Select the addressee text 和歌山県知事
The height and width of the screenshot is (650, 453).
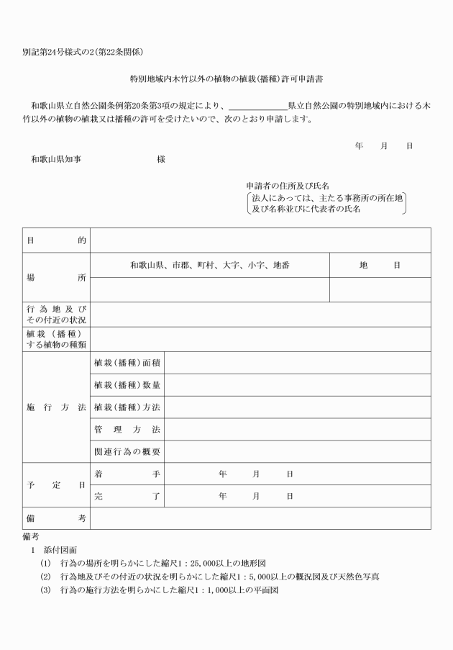point(55,159)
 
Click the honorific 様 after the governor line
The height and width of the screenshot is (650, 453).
point(161,159)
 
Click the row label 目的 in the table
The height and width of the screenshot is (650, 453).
point(56,240)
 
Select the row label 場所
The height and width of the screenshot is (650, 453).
point(56,277)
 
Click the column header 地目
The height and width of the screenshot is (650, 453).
point(380,265)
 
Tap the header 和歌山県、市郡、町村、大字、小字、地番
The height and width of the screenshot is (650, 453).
point(210,265)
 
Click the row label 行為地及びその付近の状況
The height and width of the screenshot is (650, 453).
point(56,314)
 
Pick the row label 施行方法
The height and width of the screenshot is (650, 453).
point(56,407)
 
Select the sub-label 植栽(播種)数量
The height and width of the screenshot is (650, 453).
point(127,385)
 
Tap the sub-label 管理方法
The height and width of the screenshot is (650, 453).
point(127,430)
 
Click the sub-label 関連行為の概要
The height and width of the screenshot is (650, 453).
point(127,451)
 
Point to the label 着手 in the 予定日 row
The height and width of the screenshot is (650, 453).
point(127,474)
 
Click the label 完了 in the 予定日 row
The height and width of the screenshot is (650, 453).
point(127,496)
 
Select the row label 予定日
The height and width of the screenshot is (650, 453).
point(56,485)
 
